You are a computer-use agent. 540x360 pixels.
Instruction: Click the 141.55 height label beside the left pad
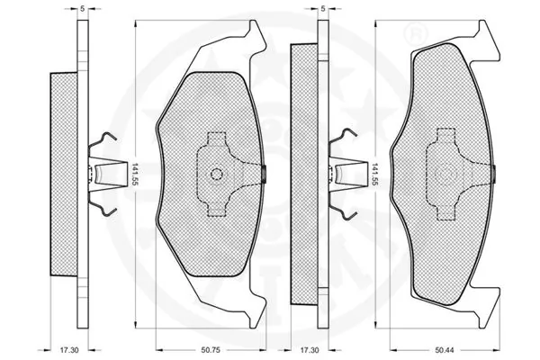134,175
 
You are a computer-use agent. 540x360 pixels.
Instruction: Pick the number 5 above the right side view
321,9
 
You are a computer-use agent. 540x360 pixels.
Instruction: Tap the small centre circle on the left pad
215,175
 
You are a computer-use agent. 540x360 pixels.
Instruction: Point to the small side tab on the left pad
263,175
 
